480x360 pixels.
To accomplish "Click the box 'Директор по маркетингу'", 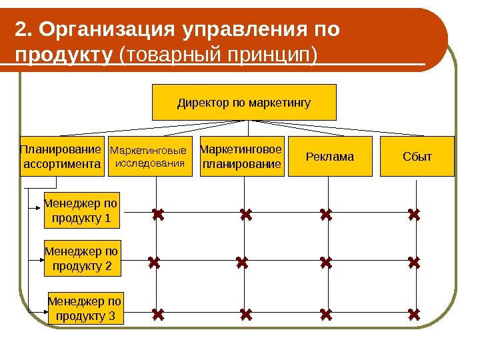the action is pos(245,103).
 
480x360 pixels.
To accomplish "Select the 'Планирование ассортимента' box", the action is pos(63,157).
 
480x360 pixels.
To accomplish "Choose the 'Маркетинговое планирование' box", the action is pos(241,157).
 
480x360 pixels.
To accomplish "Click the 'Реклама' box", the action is pos(330,157).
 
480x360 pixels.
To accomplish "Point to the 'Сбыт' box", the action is pos(417,157).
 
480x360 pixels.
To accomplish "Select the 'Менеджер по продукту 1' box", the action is pos(82,210).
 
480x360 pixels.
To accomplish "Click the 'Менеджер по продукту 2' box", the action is pos(82,259).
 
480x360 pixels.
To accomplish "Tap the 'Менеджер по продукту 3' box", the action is pos(86,308).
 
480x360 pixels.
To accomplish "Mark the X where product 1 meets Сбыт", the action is pos(415,215).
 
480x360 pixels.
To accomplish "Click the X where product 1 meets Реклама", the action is pos(326,215).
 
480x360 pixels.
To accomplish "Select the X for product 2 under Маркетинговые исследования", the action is pos(155,263).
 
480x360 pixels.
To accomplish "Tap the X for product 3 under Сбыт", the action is pos(415,313).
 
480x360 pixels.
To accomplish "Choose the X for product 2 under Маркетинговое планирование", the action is pos(242,263).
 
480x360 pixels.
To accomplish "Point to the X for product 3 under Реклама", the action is pos(326,313).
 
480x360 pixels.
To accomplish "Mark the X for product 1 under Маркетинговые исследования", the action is pos(158,215).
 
